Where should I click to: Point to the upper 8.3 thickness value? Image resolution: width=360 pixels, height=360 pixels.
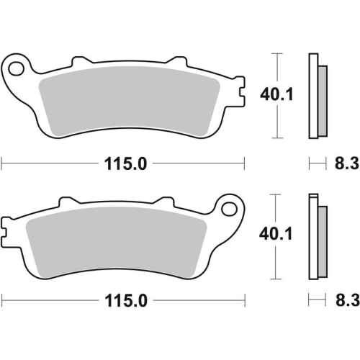coord(343,163)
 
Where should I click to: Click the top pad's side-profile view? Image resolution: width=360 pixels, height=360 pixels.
coord(315,96)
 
